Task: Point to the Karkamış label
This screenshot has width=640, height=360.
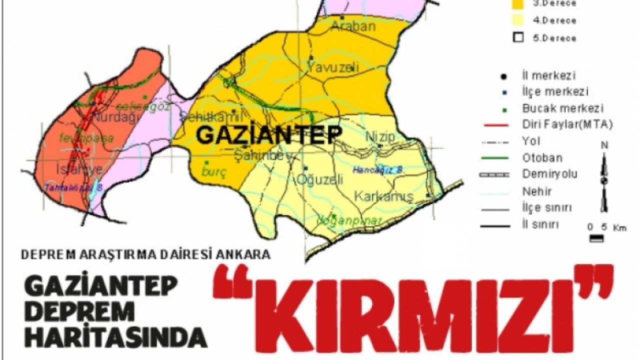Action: click(384, 196)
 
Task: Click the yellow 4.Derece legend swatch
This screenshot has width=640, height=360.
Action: click(518, 20)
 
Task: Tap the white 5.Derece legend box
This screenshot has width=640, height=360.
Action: click(518, 37)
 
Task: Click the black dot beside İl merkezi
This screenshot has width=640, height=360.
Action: click(504, 76)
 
